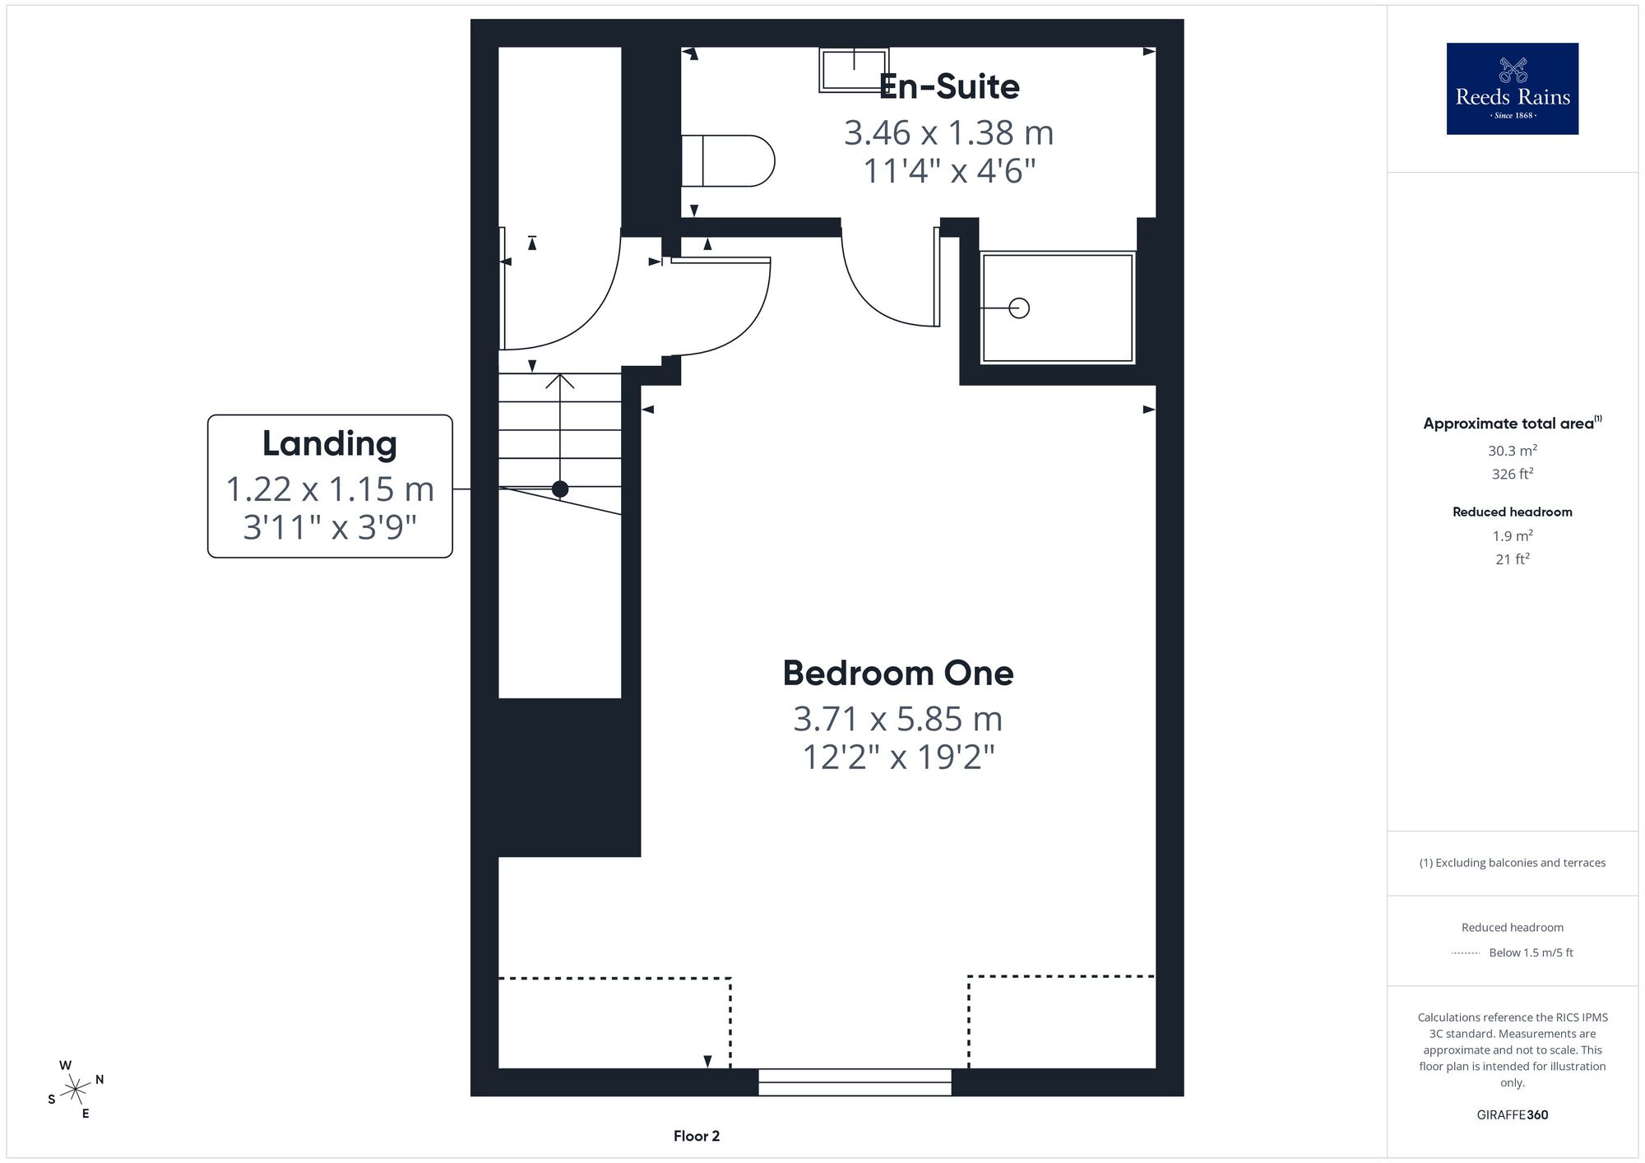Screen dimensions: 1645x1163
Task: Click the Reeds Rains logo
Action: [x=1512, y=89]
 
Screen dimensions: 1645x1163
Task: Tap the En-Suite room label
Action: [x=949, y=87]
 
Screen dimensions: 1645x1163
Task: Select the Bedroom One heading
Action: [x=898, y=674]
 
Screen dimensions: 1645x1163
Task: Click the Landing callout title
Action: [x=330, y=444]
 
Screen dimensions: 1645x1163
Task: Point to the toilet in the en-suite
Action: [x=728, y=160]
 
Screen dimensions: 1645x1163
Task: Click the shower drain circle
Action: [x=1019, y=308]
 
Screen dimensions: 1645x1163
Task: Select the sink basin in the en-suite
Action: [x=854, y=70]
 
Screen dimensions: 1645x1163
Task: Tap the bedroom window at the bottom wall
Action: [x=855, y=1082]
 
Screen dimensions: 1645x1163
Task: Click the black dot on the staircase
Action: [x=560, y=489]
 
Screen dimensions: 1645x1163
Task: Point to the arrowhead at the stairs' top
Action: [x=560, y=380]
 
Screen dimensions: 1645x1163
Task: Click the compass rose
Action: [x=75, y=1090]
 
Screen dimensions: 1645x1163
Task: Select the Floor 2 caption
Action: [x=697, y=1136]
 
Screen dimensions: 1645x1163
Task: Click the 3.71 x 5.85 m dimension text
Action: [x=898, y=719]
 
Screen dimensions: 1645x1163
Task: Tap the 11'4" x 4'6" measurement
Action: [x=949, y=171]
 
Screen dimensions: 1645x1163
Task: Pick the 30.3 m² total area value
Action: [x=1513, y=451]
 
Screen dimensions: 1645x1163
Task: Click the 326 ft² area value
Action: [x=1513, y=474]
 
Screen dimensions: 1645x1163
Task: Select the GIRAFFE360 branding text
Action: [x=1513, y=1115]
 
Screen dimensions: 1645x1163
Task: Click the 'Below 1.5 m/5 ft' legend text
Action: [x=1531, y=952]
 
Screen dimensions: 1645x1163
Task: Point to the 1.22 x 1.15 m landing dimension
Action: [x=330, y=489]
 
